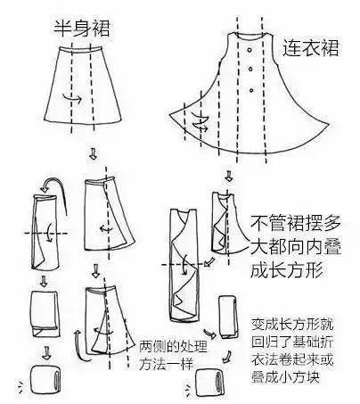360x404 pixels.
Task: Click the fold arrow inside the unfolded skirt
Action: pyautogui.click(x=79, y=99)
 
